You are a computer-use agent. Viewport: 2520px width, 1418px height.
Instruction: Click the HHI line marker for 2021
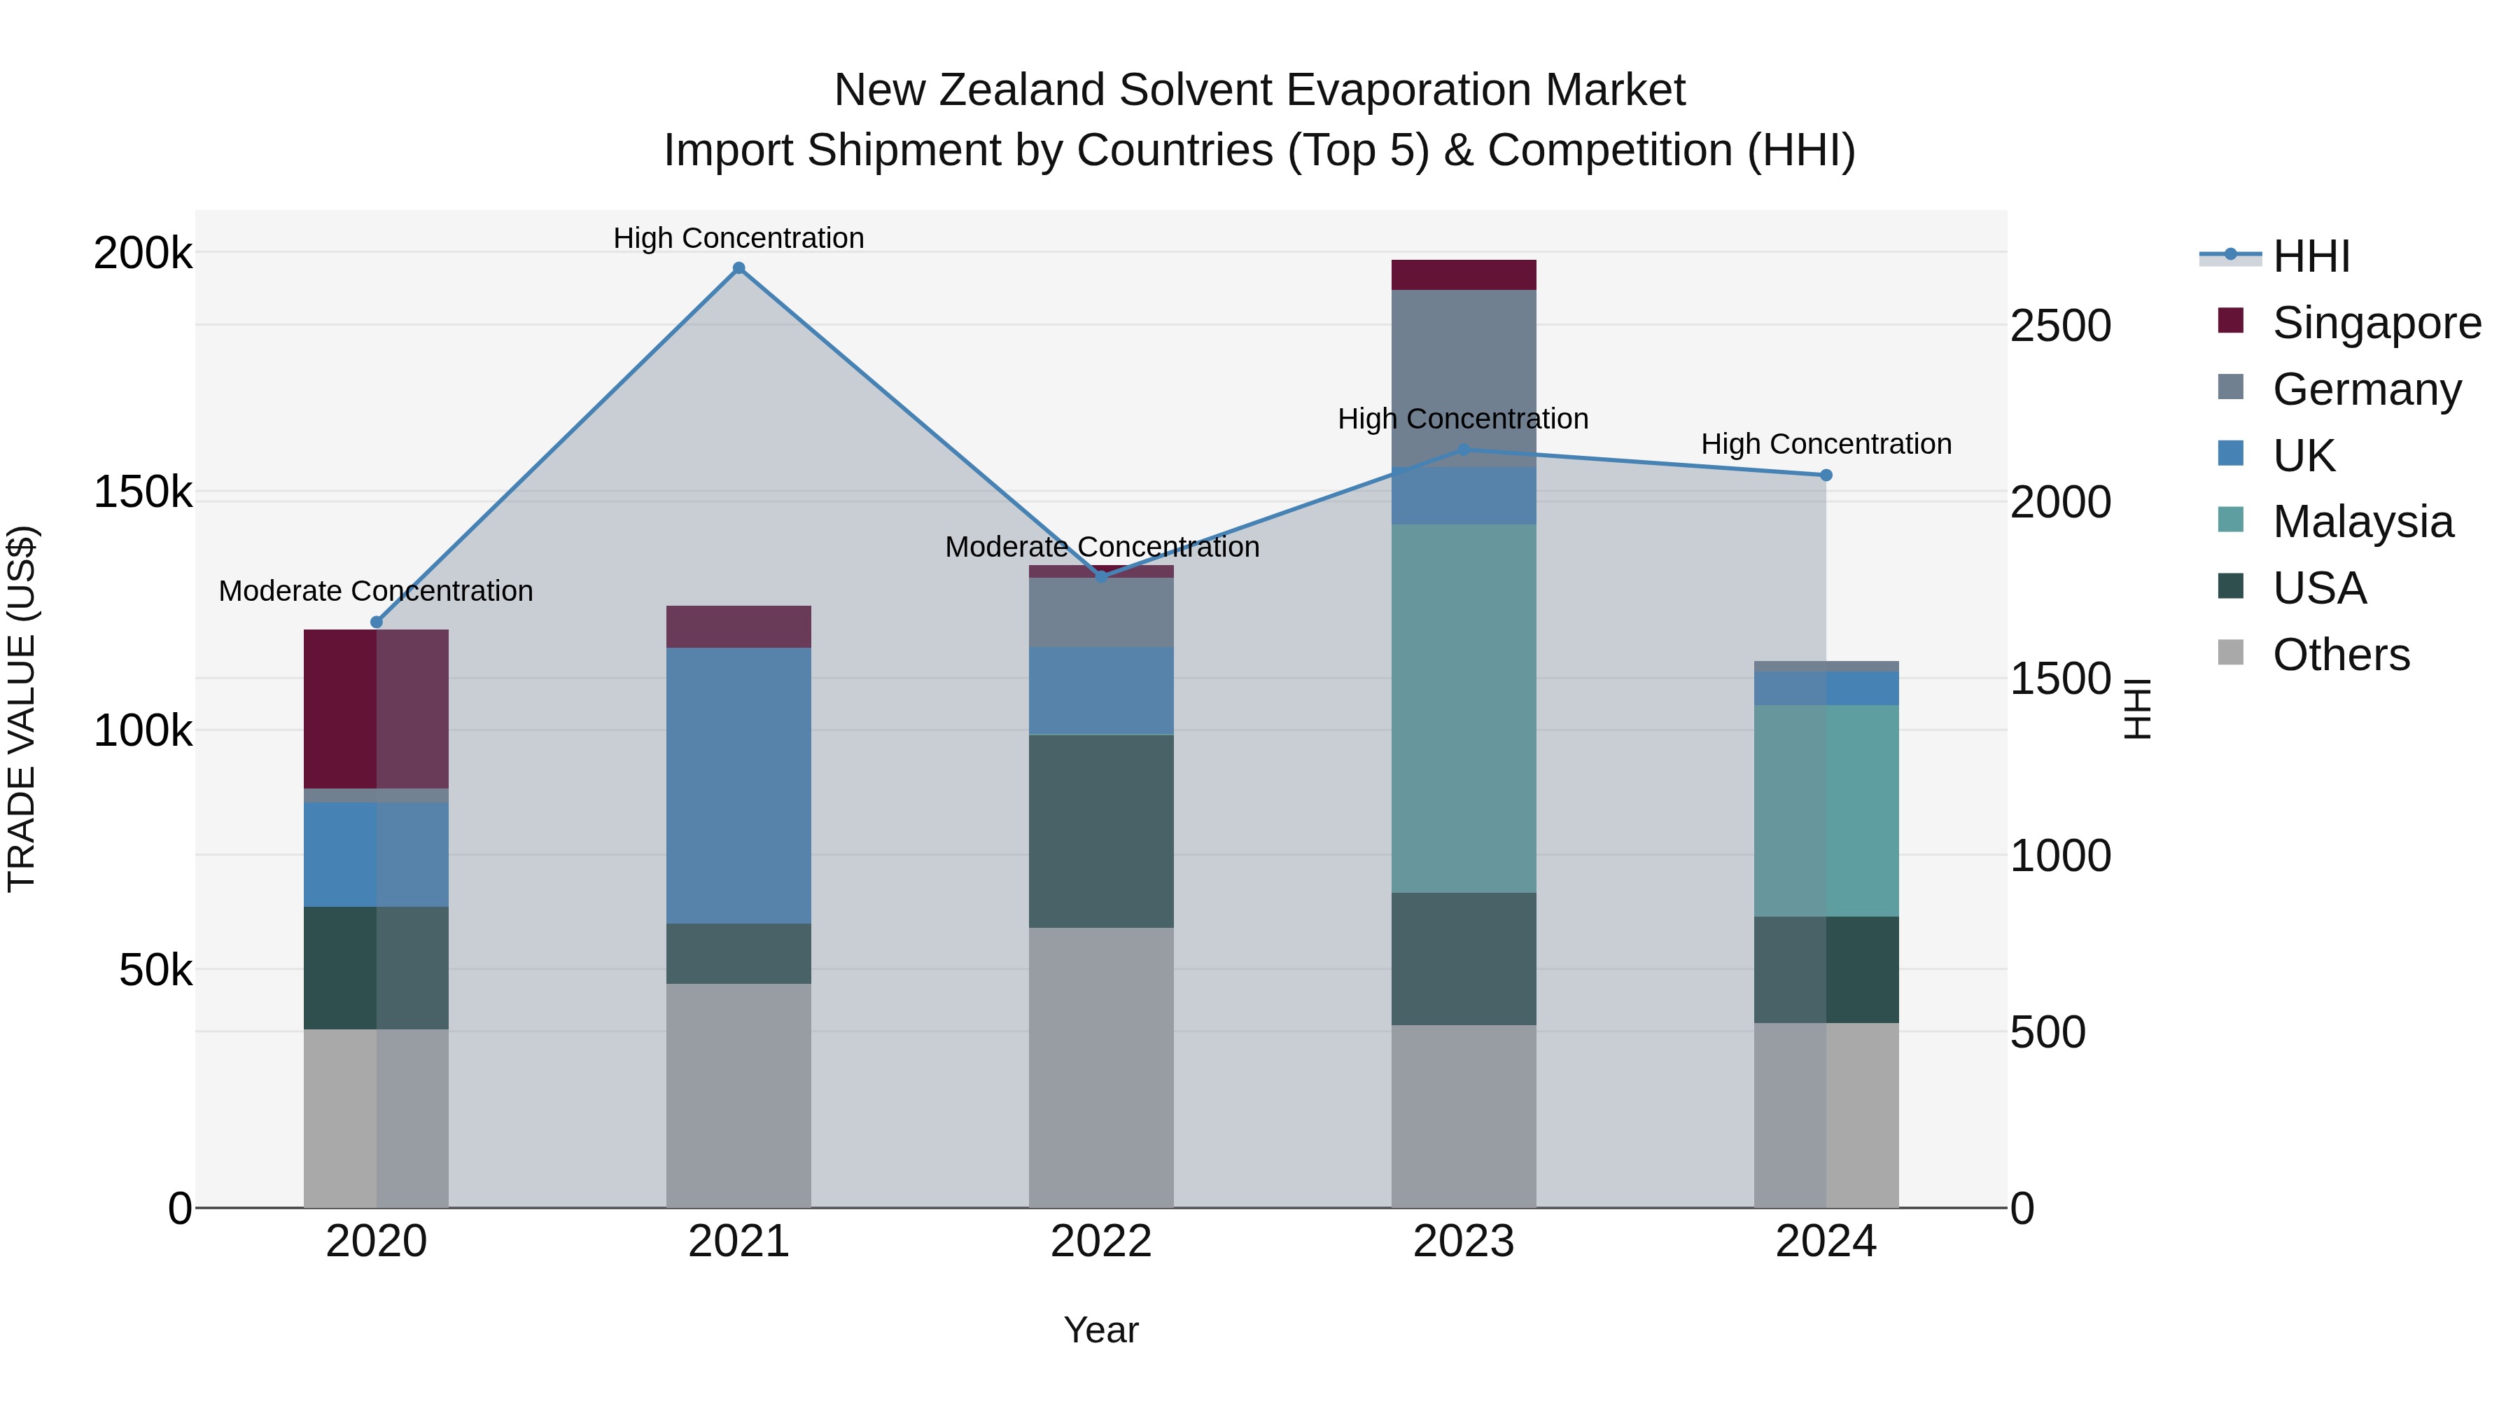738,268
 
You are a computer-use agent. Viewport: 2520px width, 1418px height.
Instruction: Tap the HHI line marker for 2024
1826,475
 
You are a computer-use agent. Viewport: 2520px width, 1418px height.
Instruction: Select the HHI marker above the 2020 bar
377,623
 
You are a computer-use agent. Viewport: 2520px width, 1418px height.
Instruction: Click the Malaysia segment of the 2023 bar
1464,709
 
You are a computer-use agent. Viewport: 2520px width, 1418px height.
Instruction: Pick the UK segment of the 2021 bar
738,785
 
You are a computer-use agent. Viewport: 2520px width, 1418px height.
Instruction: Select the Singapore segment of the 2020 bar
377,709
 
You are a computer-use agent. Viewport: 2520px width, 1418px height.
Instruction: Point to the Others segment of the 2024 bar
1826,1115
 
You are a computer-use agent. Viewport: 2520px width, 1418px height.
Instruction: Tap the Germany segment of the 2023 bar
1464,377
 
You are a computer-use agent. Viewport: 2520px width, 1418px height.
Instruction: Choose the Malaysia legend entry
2362,522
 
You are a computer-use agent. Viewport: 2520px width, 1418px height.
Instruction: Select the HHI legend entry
2310,256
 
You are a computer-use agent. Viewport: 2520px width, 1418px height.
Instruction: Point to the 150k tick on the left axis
143,492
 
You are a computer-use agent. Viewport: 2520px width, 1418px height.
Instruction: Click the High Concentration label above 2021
738,238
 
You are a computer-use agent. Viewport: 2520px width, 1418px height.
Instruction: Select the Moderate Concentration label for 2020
376,591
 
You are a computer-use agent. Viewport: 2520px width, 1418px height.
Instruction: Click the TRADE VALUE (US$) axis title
22,709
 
